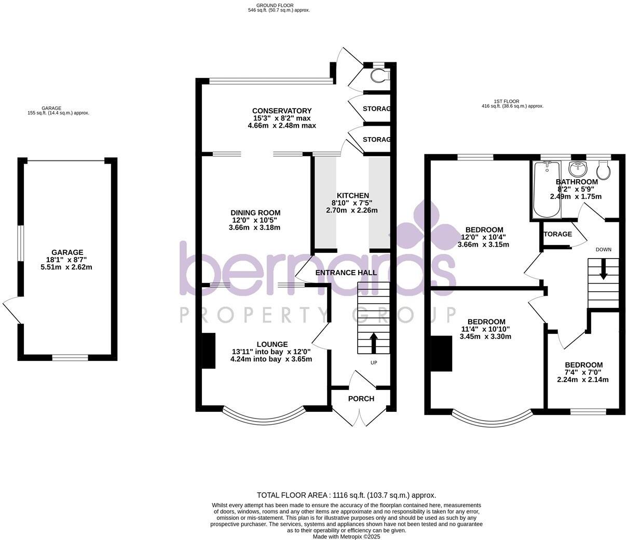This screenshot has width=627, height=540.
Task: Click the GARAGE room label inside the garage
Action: (67, 252)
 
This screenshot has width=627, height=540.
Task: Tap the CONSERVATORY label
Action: (281, 111)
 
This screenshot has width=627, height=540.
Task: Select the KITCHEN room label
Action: (352, 195)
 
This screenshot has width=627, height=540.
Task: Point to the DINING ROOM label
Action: (255, 212)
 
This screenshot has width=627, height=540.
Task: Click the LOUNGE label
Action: (272, 344)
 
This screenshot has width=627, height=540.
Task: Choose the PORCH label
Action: (361, 398)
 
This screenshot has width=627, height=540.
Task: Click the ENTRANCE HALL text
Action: (346, 273)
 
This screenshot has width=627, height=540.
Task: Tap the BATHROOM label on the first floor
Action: (577, 182)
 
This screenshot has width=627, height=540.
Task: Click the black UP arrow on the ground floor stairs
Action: (373, 342)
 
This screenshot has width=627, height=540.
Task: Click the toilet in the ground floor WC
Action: (380, 76)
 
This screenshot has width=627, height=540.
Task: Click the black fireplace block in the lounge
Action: (208, 350)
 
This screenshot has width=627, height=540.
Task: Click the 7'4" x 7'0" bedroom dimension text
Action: (583, 372)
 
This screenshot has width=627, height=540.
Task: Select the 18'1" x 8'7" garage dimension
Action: (67, 260)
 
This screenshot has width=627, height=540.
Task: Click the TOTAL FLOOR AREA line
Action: (346, 495)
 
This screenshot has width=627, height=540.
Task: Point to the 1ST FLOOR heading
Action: (507, 101)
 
